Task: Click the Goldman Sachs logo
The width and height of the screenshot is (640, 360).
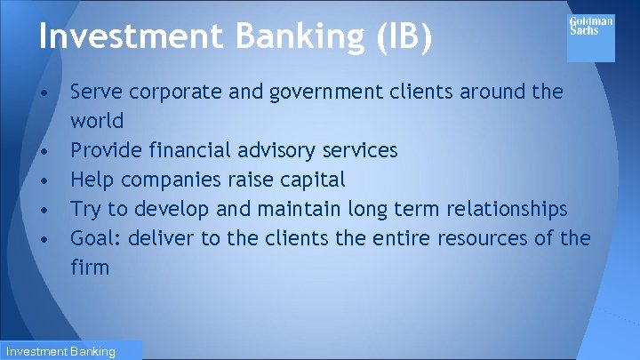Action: click(591, 38)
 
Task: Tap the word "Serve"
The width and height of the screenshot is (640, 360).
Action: click(96, 92)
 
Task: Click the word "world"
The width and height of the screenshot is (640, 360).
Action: click(97, 120)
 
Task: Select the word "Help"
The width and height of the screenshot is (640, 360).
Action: click(92, 180)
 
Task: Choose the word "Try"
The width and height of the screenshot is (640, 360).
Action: click(86, 209)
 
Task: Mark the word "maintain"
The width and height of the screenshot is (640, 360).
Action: click(296, 209)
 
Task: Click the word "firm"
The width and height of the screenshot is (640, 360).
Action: click(90, 267)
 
